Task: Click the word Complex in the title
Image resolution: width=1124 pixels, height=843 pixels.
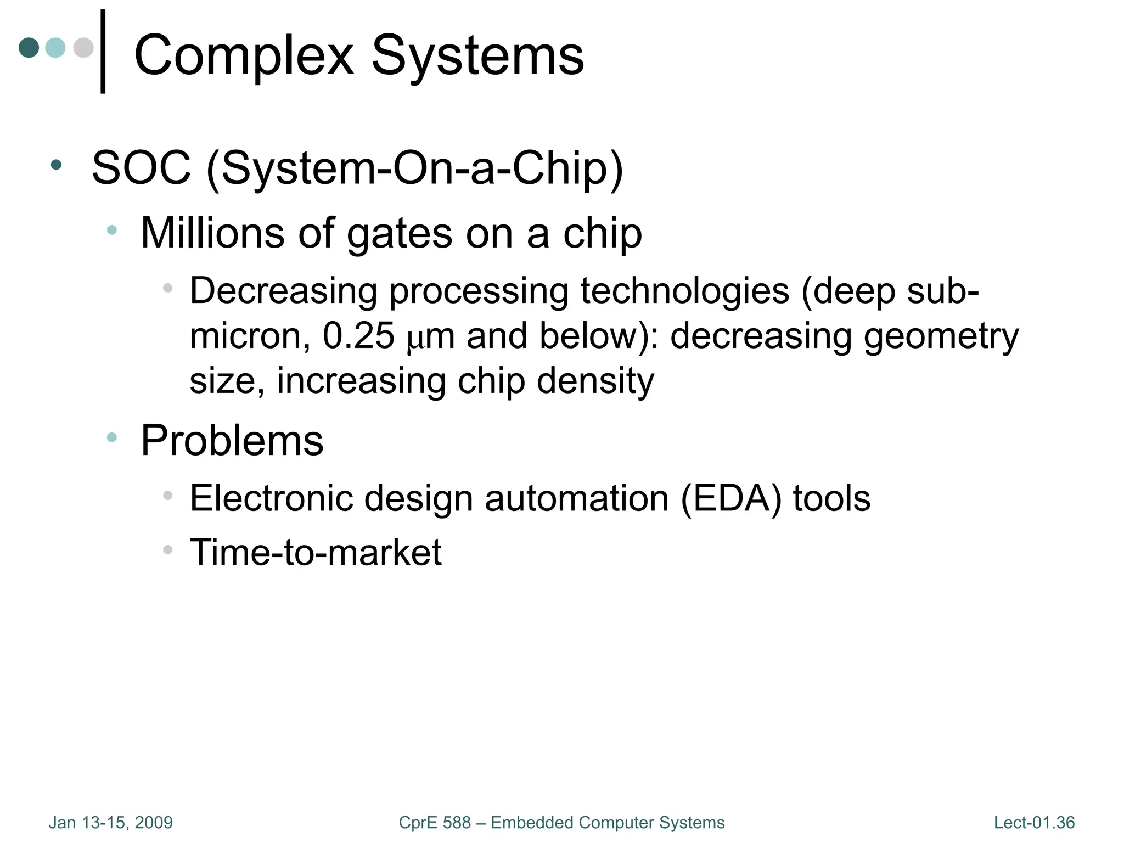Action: click(x=244, y=56)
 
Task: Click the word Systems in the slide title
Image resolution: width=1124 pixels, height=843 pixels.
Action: click(x=477, y=56)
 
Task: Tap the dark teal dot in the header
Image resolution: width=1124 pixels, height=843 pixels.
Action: click(x=29, y=47)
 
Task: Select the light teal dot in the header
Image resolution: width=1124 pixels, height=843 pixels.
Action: click(x=55, y=47)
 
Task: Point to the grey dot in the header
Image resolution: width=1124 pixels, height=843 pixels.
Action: click(x=83, y=47)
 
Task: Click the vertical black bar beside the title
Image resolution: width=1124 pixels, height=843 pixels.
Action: click(x=103, y=52)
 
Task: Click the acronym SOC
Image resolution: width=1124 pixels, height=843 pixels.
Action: click(x=141, y=168)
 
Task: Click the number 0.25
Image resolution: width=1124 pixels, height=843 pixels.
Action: click(x=358, y=335)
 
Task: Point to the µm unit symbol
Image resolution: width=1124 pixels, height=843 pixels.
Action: click(x=431, y=337)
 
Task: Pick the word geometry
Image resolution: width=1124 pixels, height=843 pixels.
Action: click(x=941, y=336)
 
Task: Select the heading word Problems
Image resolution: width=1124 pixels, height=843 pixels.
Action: click(x=232, y=441)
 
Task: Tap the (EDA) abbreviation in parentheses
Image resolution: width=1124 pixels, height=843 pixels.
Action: click(x=730, y=499)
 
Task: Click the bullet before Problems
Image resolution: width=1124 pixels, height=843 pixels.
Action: click(x=112, y=437)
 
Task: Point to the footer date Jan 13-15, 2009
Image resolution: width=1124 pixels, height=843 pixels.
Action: click(x=111, y=823)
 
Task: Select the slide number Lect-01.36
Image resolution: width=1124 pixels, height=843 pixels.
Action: click(x=1034, y=823)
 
